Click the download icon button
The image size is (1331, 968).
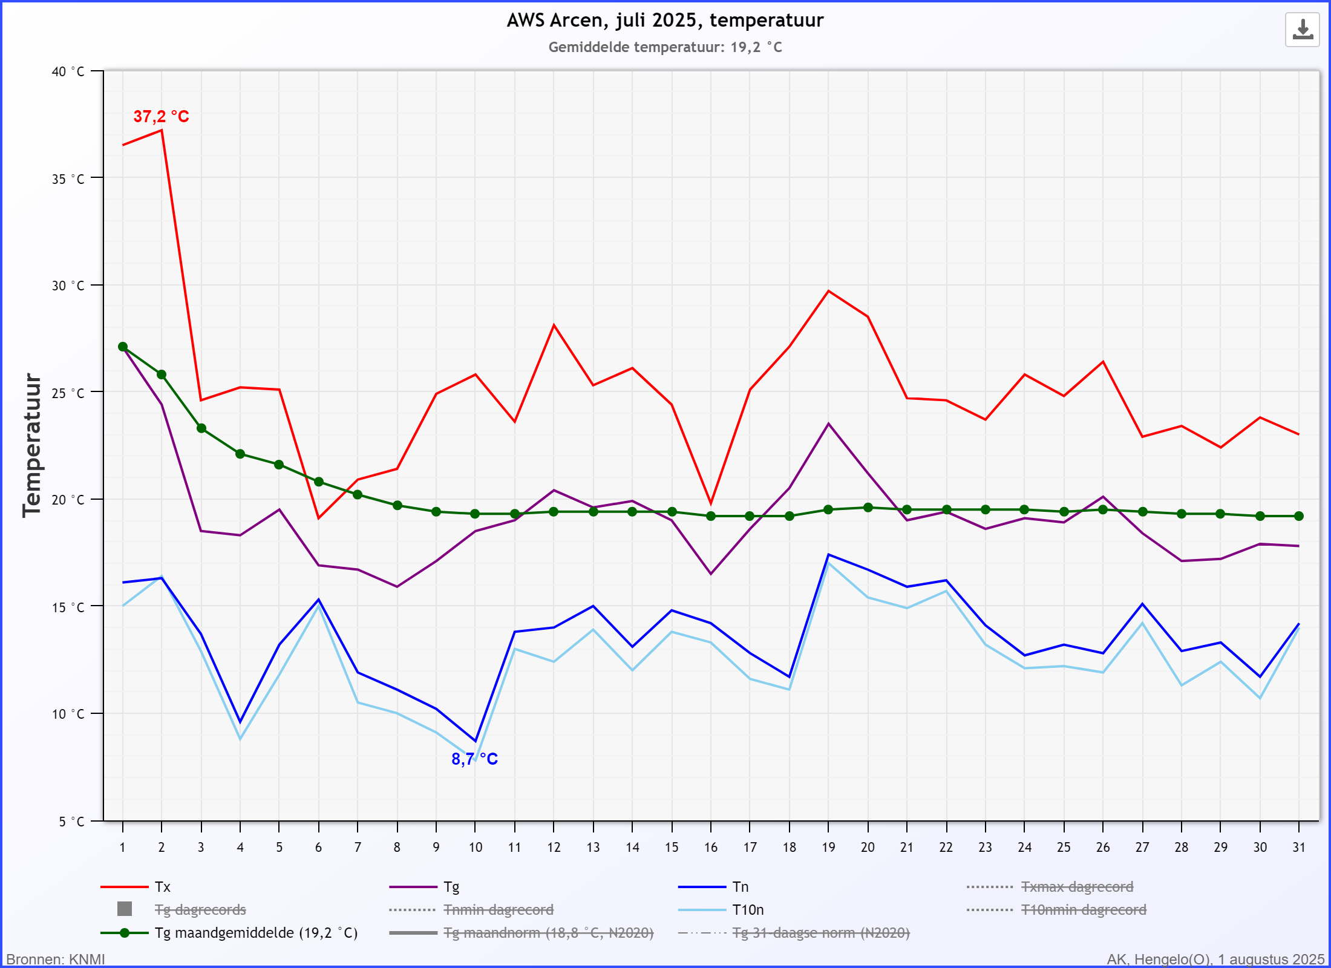pyautogui.click(x=1302, y=30)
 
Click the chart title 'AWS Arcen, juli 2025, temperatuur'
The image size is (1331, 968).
pyautogui.click(x=665, y=21)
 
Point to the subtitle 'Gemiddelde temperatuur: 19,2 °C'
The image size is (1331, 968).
pyautogui.click(x=665, y=47)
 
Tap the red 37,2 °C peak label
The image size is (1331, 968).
pyautogui.click(x=161, y=116)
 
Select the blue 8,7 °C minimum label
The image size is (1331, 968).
pyautogui.click(x=474, y=759)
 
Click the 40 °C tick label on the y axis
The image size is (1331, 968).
pyautogui.click(x=68, y=71)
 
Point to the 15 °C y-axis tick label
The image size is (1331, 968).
pyautogui.click(x=68, y=607)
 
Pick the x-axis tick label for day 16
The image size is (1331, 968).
pyautogui.click(x=711, y=847)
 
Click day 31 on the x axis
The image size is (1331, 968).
pyautogui.click(x=1299, y=847)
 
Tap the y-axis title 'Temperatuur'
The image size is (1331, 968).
pyautogui.click(x=31, y=445)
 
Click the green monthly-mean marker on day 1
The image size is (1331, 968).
pyautogui.click(x=123, y=347)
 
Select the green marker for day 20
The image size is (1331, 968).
pyautogui.click(x=868, y=508)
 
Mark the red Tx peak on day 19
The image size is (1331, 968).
pyautogui.click(x=829, y=291)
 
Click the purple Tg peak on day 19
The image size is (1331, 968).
pyautogui.click(x=829, y=423)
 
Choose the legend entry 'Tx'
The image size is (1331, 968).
pyautogui.click(x=162, y=887)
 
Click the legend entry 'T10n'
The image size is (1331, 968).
pyautogui.click(x=748, y=910)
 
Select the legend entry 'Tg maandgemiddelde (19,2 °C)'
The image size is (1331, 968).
pyautogui.click(x=256, y=933)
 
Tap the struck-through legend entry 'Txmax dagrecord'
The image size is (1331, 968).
pyautogui.click(x=1077, y=887)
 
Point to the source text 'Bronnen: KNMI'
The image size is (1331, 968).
pyautogui.click(x=56, y=959)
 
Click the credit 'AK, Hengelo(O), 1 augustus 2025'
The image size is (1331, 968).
pyautogui.click(x=1215, y=959)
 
